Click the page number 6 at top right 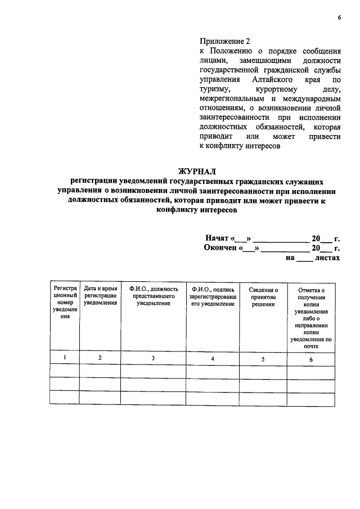tap(339, 17)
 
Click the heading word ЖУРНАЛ tap(197, 171)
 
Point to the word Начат tap(217, 238)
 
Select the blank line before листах tap(303, 259)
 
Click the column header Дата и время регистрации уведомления tap(100, 295)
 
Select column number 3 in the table tap(153, 358)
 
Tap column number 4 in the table tap(212, 359)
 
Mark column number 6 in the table tap(310, 359)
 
